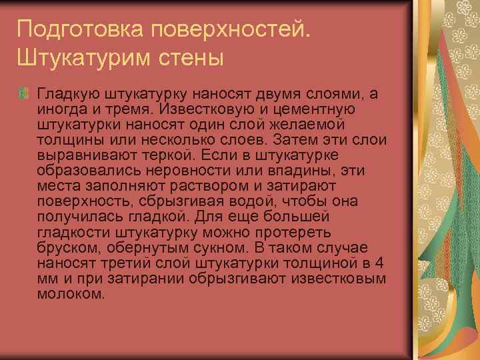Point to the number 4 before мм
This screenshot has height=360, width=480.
379,261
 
